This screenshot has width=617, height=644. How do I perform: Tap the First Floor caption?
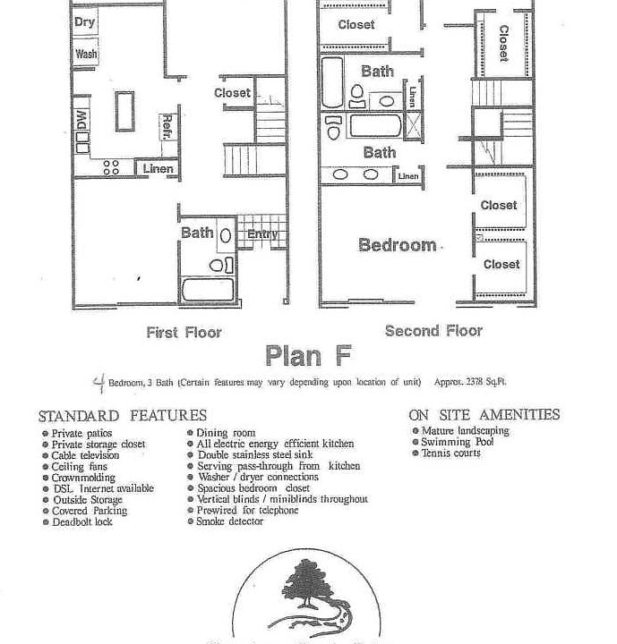184,333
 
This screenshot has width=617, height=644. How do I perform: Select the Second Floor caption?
433,331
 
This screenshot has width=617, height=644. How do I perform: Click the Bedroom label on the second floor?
398,245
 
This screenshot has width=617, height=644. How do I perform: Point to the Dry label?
85,22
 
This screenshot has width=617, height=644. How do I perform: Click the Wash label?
86,54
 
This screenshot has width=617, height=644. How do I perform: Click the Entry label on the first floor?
262,235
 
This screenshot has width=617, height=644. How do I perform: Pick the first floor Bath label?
197,233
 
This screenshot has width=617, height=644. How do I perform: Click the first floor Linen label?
158,169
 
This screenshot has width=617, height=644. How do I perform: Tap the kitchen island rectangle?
124,110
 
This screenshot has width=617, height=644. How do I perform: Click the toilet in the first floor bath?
217,265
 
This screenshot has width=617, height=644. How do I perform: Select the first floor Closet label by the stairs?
232,93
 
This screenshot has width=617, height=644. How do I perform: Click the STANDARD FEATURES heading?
122,416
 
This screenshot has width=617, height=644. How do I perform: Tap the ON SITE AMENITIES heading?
484,415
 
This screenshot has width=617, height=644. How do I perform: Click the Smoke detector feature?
230,521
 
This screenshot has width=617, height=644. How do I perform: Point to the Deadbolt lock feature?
81,521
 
